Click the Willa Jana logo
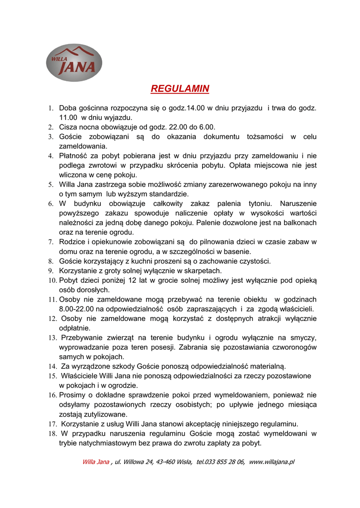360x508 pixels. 74,63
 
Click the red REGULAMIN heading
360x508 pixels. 180,89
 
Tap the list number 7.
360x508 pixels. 51,242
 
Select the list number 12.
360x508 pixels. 52,318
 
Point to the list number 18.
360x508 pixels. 52,434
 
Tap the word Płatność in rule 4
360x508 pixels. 74,155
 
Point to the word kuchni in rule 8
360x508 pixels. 141,261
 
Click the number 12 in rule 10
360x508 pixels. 132,280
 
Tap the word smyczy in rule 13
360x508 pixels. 304,337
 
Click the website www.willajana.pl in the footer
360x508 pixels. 272,462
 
